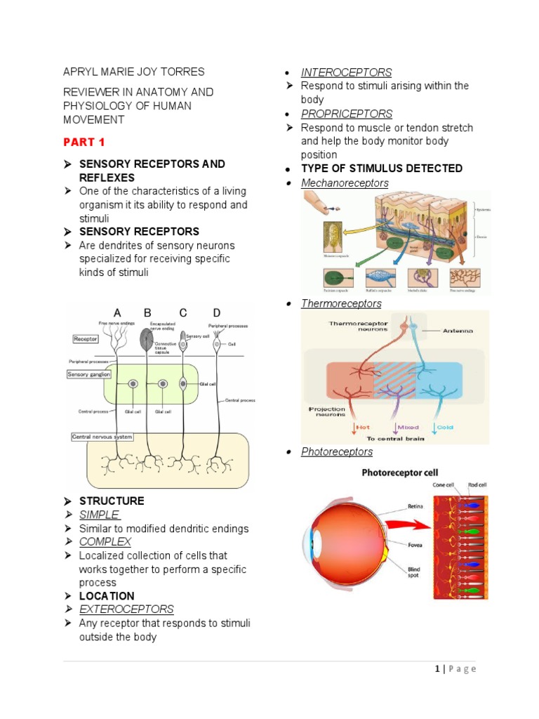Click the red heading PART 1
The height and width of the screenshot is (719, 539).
pyautogui.click(x=84, y=142)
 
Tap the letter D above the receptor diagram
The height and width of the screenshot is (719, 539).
pyautogui.click(x=217, y=312)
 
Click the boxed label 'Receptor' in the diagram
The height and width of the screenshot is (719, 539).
pyautogui.click(x=85, y=339)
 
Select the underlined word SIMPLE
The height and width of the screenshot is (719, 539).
pyautogui.click(x=100, y=515)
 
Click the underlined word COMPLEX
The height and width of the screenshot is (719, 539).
pyautogui.click(x=105, y=542)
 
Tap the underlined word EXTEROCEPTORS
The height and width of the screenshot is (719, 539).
pyautogui.click(x=126, y=609)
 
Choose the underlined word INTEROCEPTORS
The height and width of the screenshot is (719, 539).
pyautogui.click(x=346, y=72)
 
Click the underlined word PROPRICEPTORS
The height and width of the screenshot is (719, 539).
pyautogui.click(x=347, y=114)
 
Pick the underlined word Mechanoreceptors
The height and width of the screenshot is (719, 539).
pyautogui.click(x=345, y=183)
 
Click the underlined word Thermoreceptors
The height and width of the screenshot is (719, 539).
pyautogui.click(x=341, y=303)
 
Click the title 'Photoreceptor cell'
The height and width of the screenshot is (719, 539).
pyautogui.click(x=399, y=473)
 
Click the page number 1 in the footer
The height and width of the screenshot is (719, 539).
pyautogui.click(x=437, y=669)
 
